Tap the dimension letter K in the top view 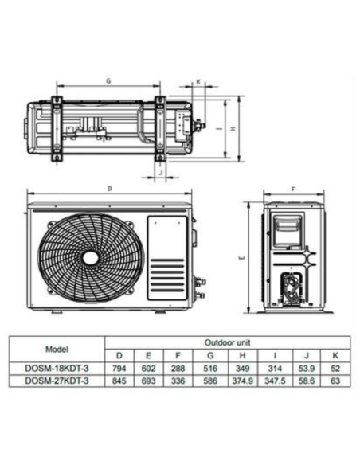tap(198, 83)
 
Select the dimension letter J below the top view tap(159, 170)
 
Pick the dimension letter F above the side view tap(293, 190)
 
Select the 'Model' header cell tap(57, 349)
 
